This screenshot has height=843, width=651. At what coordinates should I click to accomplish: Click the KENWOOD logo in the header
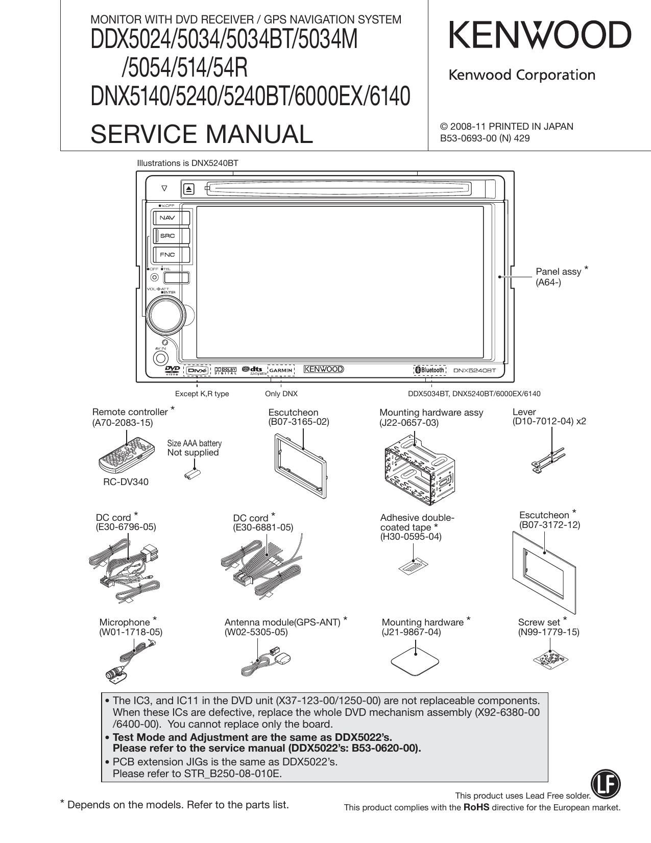pos(540,36)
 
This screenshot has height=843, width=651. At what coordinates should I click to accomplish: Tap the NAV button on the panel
pos(167,218)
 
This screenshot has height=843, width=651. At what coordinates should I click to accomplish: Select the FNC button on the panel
pos(167,254)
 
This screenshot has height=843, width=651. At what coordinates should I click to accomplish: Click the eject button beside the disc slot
pos(189,189)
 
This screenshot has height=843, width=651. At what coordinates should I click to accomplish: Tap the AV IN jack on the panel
pos(161,358)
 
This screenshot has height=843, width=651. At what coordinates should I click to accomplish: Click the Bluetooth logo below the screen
pos(429,370)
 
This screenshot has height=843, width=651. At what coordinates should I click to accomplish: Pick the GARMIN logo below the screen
pos(281,370)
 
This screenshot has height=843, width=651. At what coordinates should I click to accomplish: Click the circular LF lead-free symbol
pos(605,784)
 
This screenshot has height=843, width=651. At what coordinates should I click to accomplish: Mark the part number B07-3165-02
pos(299,422)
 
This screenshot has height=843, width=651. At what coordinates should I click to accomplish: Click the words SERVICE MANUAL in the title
pos(201,134)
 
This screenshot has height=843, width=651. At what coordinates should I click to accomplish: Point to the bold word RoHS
pos(476,807)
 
